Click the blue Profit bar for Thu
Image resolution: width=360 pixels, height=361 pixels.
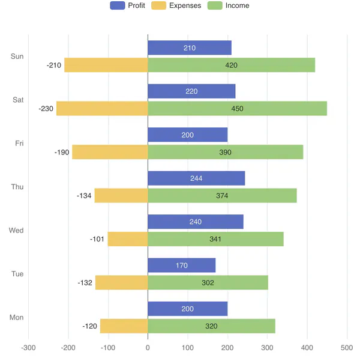point(196,178)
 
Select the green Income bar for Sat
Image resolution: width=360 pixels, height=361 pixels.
point(237,109)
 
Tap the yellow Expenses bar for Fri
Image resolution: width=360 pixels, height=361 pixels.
point(110,152)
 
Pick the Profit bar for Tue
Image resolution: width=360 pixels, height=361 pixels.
point(181,265)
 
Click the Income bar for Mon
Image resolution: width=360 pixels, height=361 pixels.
point(211,326)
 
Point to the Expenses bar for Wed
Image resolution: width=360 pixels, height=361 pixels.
point(128,239)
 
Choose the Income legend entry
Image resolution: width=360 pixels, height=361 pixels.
point(228,5)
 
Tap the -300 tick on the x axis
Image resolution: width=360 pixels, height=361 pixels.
point(28,348)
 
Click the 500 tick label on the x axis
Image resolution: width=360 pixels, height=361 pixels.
point(347,348)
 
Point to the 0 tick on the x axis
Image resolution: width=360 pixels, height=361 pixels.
point(148,348)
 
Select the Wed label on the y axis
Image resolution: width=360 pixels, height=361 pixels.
point(16,231)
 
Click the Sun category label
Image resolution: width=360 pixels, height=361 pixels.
point(17,56)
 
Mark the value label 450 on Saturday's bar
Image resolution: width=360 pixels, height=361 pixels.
point(237,109)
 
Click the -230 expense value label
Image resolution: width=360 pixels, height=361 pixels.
point(46,109)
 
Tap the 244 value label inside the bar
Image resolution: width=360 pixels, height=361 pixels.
point(196,178)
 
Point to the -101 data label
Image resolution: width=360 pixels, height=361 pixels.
point(97,239)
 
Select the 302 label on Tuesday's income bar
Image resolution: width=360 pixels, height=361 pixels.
point(208,283)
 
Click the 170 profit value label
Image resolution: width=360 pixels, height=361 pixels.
point(181,265)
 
